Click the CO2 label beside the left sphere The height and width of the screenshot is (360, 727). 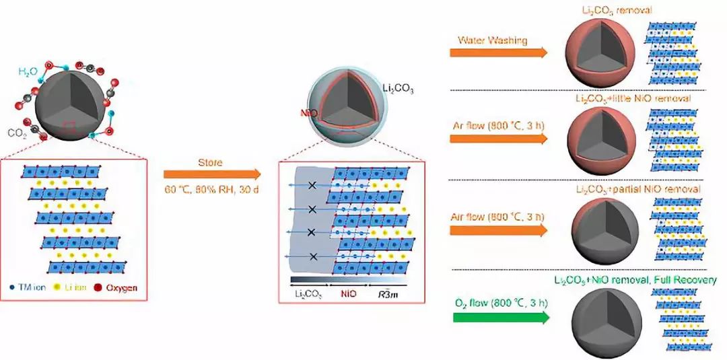[18, 133]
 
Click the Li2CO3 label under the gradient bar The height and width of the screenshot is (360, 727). [306, 293]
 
